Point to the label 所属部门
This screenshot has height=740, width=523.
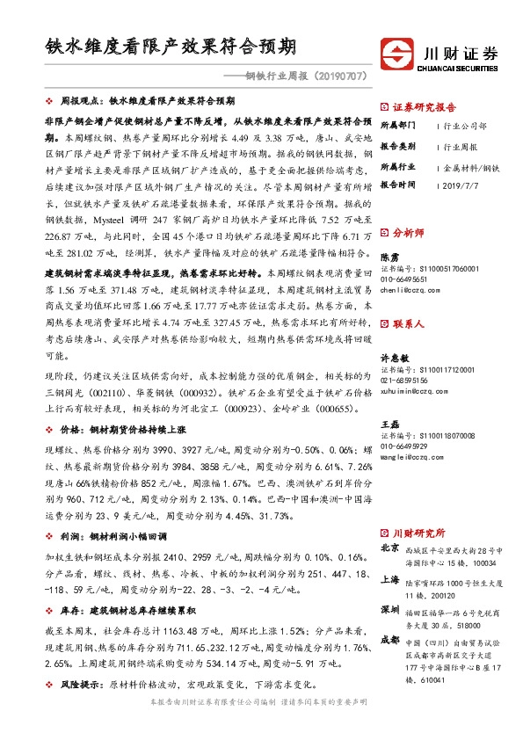pyautogui.click(x=398, y=126)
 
